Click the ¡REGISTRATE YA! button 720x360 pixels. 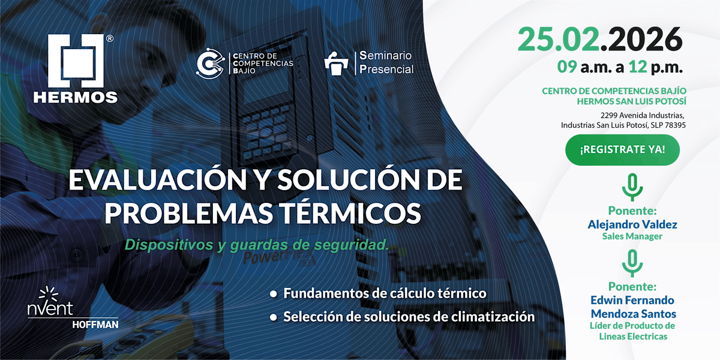click(x=622, y=150)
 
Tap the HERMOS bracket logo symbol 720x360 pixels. click(x=76, y=61)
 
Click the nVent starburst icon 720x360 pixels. click(x=49, y=294)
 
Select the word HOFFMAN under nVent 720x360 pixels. click(x=95, y=325)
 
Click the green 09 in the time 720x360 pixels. click(x=566, y=67)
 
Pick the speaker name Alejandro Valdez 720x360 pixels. click(x=632, y=224)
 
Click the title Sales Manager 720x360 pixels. click(x=632, y=236)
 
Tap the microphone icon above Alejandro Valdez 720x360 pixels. click(x=632, y=187)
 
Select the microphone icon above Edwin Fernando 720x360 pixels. click(x=632, y=263)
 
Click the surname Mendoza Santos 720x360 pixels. click(x=633, y=313)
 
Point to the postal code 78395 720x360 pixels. click(x=675, y=125)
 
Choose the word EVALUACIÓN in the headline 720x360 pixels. click(x=157, y=179)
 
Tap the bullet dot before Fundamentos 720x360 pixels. click(x=274, y=294)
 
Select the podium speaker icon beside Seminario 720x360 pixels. click(x=336, y=64)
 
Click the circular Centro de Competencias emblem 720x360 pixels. click(x=211, y=64)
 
